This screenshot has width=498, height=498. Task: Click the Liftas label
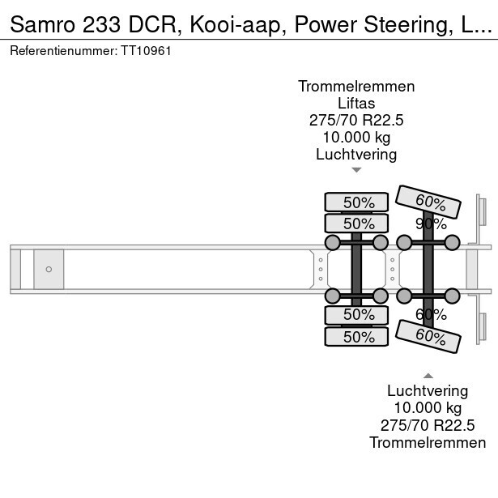click(356, 103)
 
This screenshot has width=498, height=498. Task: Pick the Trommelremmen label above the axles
click(356, 86)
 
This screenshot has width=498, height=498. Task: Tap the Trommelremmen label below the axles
click(428, 442)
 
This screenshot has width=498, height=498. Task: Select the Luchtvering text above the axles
click(356, 154)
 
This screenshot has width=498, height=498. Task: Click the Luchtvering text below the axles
click(428, 390)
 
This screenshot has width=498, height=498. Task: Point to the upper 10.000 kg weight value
click(356, 137)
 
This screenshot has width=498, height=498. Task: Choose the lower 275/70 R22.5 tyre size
click(428, 425)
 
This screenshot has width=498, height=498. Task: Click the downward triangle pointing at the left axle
click(356, 170)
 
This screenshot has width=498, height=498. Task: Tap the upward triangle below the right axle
click(428, 374)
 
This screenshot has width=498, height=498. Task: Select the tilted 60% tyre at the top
click(430, 202)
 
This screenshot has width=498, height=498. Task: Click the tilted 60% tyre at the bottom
click(430, 334)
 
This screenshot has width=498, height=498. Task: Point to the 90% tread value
click(430, 223)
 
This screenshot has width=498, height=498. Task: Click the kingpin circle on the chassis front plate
click(49, 269)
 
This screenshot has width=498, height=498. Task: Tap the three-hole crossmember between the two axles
click(393, 269)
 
